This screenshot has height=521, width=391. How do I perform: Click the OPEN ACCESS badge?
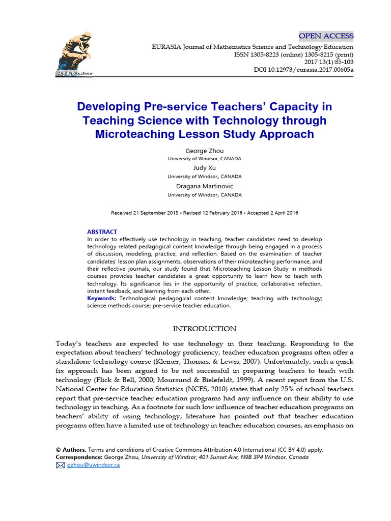(x=326, y=36)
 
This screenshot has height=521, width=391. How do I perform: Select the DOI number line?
(x=303, y=69)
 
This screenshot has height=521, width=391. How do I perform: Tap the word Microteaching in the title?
(x=129, y=134)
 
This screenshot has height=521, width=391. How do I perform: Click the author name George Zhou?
(x=205, y=151)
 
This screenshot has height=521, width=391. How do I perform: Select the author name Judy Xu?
(x=205, y=167)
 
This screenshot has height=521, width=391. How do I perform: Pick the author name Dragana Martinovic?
(x=205, y=186)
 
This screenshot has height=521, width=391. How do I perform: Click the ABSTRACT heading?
(x=102, y=231)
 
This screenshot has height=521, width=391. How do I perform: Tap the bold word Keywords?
(x=101, y=298)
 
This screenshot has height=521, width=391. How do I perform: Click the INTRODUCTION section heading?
(x=205, y=329)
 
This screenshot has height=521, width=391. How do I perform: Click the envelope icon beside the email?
(x=61, y=465)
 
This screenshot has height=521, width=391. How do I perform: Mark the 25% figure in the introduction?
(x=288, y=390)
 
